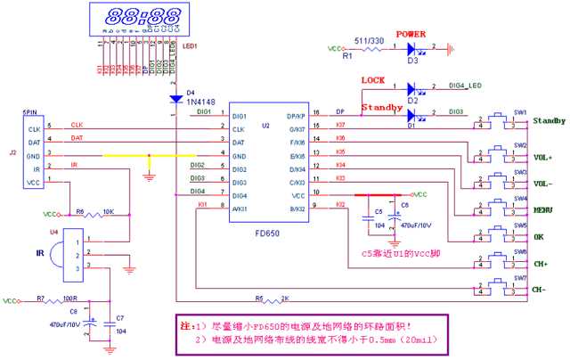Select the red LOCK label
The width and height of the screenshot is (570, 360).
[373, 80]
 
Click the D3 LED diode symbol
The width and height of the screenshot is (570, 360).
[412, 49]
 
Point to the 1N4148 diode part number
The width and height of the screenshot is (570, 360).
[198, 101]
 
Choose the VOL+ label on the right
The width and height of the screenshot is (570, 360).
[542, 158]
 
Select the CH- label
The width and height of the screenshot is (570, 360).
[540, 290]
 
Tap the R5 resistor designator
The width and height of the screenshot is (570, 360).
[259, 298]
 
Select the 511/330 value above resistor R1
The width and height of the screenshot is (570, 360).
[370, 40]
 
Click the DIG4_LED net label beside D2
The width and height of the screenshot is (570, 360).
[464, 86]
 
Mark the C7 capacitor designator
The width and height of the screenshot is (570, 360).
[121, 318]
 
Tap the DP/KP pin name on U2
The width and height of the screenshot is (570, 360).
[296, 117]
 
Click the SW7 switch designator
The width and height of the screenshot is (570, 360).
[520, 278]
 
